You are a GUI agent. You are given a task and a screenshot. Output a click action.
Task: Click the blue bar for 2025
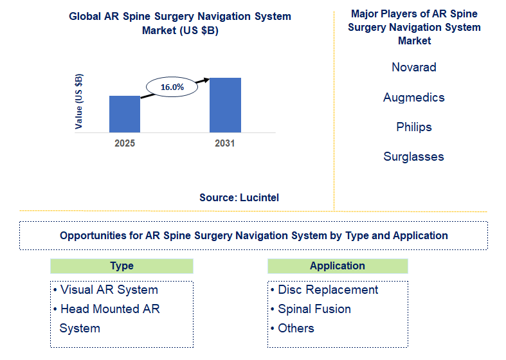coord(125,114)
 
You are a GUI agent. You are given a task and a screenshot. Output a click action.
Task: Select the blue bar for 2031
coord(225,105)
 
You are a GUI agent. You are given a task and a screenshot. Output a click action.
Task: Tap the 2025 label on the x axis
coord(125,143)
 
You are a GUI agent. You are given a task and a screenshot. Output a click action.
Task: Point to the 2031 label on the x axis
coord(225,143)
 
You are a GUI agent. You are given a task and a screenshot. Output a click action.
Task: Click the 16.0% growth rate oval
coord(172,86)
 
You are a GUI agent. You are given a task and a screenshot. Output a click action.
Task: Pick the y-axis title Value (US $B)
coord(79,102)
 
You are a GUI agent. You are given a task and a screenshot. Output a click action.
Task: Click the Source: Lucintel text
coord(239,198)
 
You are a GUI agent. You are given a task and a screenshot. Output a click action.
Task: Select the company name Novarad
coord(414,67)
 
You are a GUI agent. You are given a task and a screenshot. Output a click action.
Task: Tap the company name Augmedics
coord(414,97)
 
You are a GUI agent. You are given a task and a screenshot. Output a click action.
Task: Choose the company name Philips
coord(414,127)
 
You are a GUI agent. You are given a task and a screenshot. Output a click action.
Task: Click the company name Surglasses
coord(414,156)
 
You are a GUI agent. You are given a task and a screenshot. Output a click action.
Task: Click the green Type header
coord(122,266)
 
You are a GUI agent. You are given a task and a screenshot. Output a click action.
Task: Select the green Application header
coord(338,266)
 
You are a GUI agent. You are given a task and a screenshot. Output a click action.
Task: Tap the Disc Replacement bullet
coord(325,290)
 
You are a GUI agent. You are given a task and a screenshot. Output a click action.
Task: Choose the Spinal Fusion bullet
coord(311,309)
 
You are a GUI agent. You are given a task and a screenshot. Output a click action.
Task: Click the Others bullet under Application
coord(293,328)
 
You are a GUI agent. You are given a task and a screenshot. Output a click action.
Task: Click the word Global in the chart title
coord(85,17)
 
